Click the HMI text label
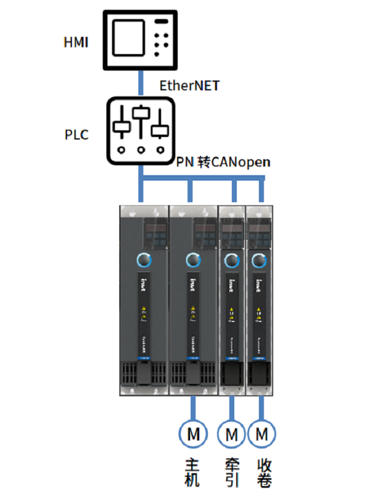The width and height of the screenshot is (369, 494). point(77,42)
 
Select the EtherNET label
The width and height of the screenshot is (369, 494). point(189,85)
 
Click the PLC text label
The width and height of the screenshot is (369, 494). point(76,135)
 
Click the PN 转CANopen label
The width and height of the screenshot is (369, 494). point(224,162)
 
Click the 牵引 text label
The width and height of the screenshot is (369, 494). point(232,471)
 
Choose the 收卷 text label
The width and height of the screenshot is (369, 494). point(264,471)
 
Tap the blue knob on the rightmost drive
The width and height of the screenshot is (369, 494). point(258,259)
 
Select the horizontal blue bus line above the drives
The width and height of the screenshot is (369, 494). point(203,179)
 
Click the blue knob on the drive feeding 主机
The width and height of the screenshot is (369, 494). point(193,260)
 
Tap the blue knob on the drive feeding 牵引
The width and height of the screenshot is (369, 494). point(232,259)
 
